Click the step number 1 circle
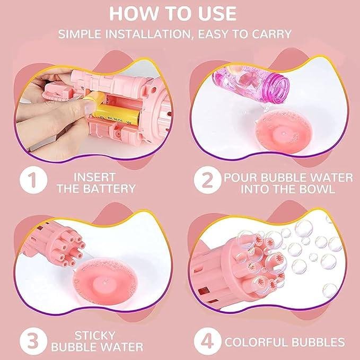coord(33,180)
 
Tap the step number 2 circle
coord(207,180)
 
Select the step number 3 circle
coord(33,341)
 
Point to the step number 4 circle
coord(207,341)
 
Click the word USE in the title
coord(217,14)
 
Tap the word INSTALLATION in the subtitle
coord(148,34)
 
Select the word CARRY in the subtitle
coord(271,34)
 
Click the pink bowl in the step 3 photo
coord(106,282)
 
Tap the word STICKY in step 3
coord(95,336)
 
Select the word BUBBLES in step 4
coord(315,342)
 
